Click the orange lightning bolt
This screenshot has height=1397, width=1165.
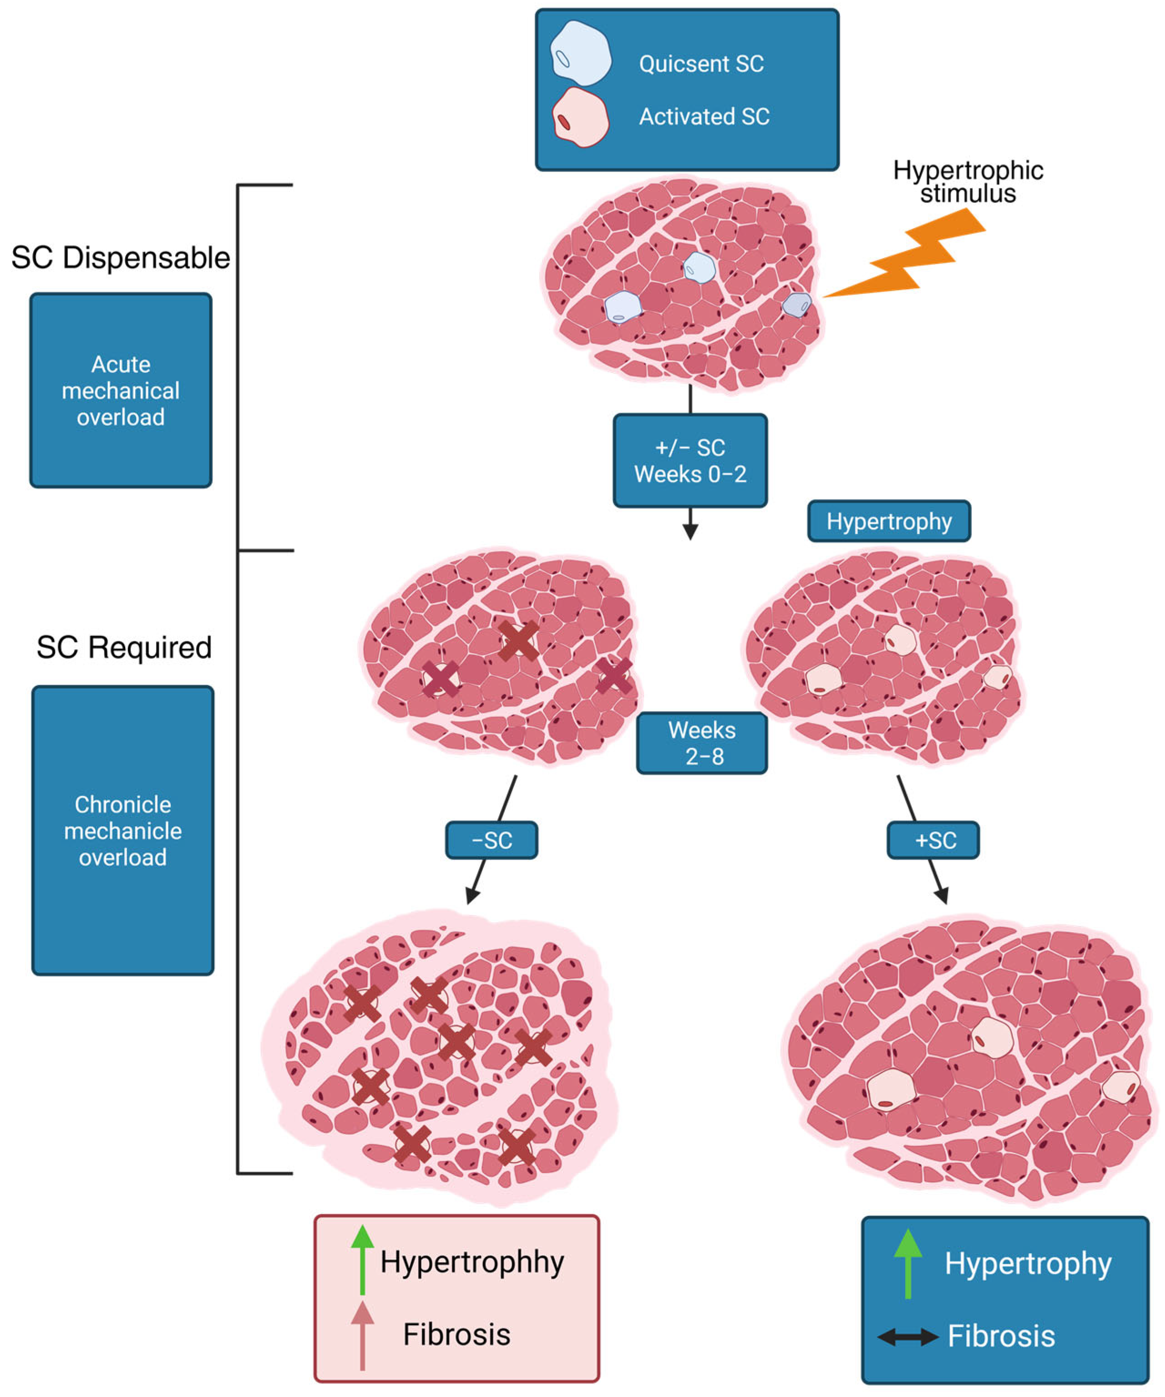[x=915, y=256]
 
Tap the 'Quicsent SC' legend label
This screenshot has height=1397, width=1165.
[x=701, y=64]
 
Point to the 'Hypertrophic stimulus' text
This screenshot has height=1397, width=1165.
[x=967, y=182]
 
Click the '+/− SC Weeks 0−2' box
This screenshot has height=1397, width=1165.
[x=690, y=461]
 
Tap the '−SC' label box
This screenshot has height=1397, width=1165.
[x=491, y=840]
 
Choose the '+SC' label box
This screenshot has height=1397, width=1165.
[x=933, y=840]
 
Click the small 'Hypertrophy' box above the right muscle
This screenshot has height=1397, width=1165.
[x=889, y=521]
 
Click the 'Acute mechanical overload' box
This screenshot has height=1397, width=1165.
[x=121, y=390]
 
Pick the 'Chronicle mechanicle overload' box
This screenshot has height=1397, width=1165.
[x=123, y=831]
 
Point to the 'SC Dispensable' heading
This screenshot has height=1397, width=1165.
[x=121, y=258]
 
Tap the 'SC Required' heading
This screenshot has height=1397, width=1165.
[x=124, y=647]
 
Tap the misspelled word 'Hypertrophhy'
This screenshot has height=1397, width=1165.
[x=472, y=1261]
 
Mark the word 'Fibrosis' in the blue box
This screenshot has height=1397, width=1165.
[x=1001, y=1336]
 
